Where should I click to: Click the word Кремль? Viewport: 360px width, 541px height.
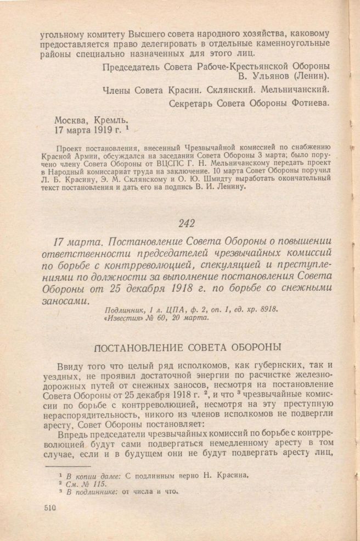click(x=112, y=119)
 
